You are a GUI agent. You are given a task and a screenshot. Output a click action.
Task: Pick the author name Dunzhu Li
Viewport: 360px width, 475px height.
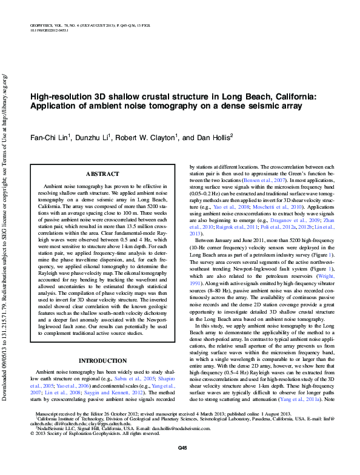(x=88, y=138)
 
